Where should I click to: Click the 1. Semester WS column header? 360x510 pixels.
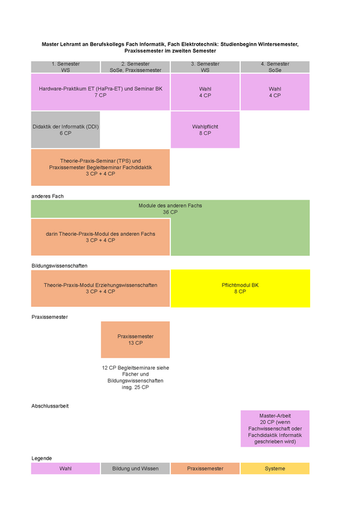coord(65,67)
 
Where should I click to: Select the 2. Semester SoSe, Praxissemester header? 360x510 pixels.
coord(135,67)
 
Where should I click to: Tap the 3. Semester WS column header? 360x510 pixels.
coord(205,67)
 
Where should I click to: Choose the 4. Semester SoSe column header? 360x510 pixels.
coord(275,67)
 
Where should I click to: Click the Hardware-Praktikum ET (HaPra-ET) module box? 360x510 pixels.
coord(100,92)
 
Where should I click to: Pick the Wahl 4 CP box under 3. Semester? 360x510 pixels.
coord(205,92)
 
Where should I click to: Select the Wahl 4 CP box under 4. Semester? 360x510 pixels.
coord(275,92)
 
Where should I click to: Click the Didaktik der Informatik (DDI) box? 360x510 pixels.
coord(65,130)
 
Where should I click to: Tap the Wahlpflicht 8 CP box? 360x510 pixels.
coord(205,130)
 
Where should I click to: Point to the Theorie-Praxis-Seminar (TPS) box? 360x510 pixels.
coord(100,168)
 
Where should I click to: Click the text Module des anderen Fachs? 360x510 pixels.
coord(170,206)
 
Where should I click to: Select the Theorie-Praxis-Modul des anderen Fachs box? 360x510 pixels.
coord(100,237)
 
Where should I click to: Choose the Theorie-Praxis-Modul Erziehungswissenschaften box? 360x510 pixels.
coord(100,288)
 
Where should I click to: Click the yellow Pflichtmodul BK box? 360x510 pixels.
coord(240,288)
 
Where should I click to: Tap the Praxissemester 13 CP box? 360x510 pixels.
coord(135,340)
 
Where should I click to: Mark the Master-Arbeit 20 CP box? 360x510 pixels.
coord(275,429)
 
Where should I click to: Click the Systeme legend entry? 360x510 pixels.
coord(275,468)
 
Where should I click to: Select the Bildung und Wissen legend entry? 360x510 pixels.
coord(135,468)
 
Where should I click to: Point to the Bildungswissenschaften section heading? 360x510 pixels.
coord(59,266)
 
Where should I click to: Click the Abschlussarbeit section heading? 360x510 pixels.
coord(50,406)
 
